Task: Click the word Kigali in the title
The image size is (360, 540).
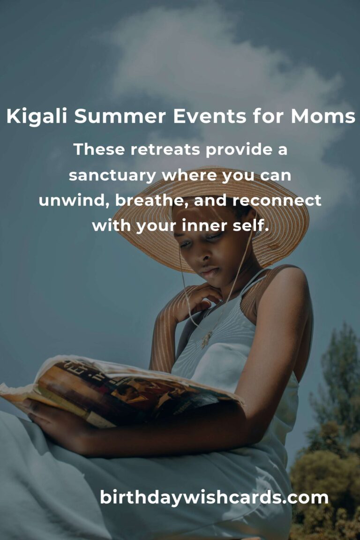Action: (x=37, y=116)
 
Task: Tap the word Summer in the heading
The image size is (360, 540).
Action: (x=120, y=116)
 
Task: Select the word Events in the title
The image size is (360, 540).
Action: (x=210, y=116)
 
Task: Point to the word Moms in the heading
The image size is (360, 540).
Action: (x=323, y=116)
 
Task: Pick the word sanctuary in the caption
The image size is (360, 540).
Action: (x=112, y=176)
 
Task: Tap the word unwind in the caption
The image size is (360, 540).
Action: (x=74, y=201)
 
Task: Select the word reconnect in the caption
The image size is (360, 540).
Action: (x=277, y=201)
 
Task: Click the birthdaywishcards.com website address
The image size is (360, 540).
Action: (x=214, y=497)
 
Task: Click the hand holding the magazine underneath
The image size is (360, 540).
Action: (x=52, y=419)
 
